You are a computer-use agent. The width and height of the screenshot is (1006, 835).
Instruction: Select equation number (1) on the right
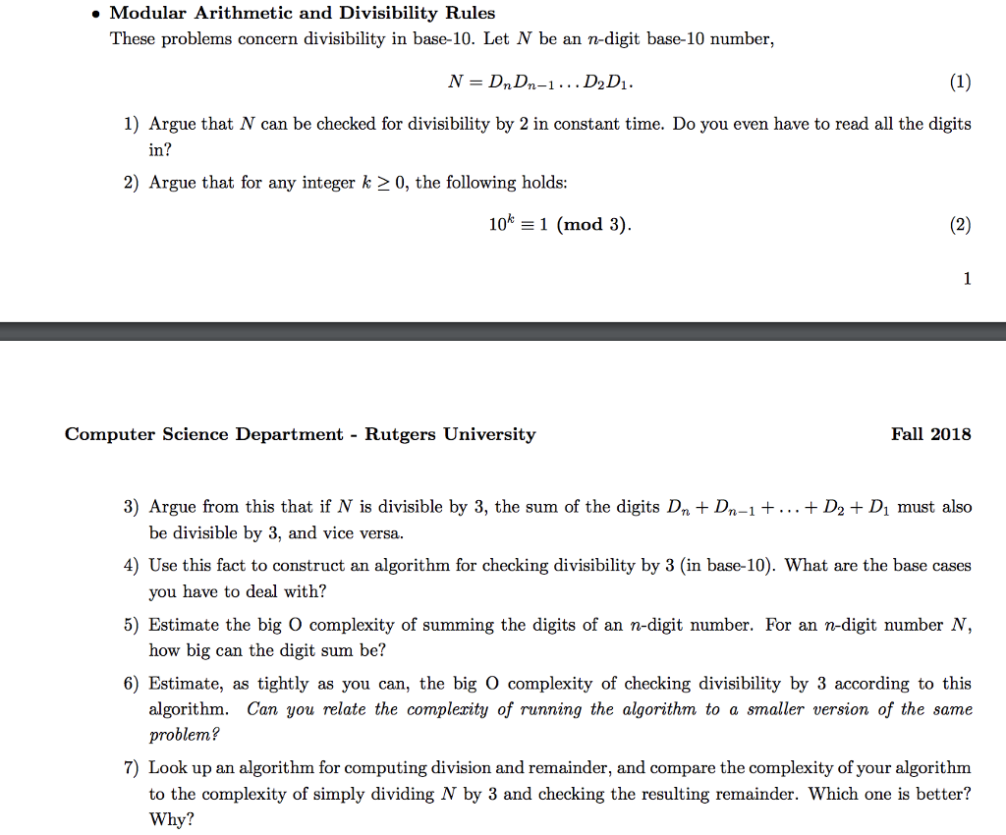pos(960,83)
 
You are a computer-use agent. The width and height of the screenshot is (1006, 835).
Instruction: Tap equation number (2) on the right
pos(960,225)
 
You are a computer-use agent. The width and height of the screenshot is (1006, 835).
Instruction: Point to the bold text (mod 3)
pos(592,225)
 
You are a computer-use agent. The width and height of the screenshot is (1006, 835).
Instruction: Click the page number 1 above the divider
pos(967,279)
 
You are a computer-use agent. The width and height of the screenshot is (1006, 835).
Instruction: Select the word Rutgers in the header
pos(401,434)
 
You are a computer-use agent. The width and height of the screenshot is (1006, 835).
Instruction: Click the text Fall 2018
pos(930,434)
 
